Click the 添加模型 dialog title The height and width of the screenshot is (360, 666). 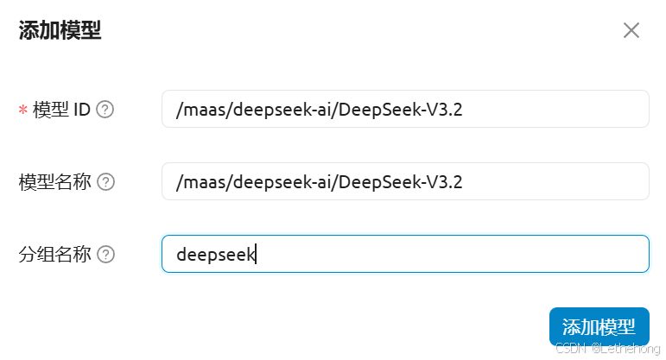coord(60,32)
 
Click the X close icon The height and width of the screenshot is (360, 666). coord(631,31)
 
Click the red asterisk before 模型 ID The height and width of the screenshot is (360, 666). coord(22,111)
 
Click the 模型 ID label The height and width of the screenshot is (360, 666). coord(61,110)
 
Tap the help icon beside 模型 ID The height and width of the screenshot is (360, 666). coord(105,110)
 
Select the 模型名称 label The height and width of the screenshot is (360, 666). coord(54,182)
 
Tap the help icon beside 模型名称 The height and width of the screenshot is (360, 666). coord(105,182)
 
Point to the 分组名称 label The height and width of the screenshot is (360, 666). coord(54,255)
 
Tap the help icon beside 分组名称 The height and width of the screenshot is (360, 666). coord(105,255)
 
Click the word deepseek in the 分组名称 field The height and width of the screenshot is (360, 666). coord(215,255)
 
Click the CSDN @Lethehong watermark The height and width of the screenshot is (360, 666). coord(607,348)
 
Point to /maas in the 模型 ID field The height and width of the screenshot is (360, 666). coord(196,110)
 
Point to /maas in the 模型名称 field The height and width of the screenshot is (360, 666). coord(196,182)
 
